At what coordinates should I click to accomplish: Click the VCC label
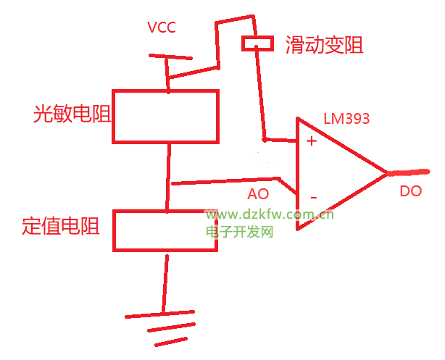[x=162, y=28]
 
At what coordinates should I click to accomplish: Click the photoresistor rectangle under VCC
[x=166, y=116]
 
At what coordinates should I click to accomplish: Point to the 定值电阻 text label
[x=60, y=225]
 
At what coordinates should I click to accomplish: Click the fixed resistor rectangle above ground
[x=165, y=231]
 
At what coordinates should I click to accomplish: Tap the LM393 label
[x=346, y=117]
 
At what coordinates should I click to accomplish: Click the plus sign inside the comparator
[x=312, y=141]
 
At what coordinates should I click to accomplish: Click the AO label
[x=258, y=194]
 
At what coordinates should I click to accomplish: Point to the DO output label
[x=410, y=192]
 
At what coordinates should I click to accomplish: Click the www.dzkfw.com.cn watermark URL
[x=267, y=214]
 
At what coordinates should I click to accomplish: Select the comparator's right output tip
[x=386, y=174]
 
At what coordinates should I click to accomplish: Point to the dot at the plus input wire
[x=265, y=138]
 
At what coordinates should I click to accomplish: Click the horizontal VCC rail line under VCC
[x=171, y=56]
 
